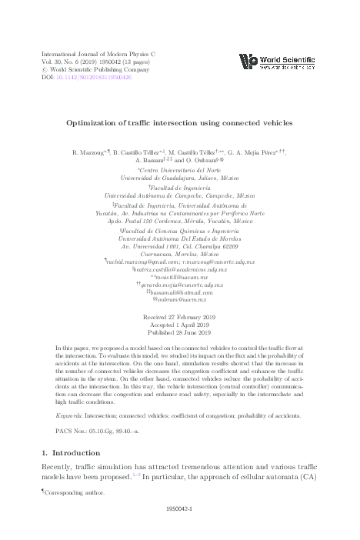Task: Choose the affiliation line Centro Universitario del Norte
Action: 179,171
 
